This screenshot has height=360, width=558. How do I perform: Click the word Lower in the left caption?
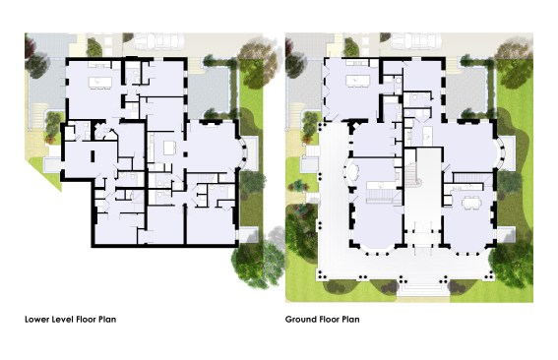[x=37, y=319]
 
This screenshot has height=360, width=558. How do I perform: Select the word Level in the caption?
[x=63, y=319]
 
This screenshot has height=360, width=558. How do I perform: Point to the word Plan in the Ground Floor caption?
[x=351, y=319]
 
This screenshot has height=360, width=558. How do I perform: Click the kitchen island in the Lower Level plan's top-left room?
[x=100, y=83]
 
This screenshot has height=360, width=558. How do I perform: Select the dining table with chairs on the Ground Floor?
[x=471, y=203]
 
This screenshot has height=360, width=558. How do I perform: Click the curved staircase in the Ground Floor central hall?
[x=414, y=174]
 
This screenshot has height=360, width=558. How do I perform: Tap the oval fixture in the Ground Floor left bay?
[x=352, y=172]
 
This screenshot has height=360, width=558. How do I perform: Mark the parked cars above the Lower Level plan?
[x=159, y=41]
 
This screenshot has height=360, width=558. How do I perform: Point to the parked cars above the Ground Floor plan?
[x=416, y=41]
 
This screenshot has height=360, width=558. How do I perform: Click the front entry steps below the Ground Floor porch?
[x=422, y=289]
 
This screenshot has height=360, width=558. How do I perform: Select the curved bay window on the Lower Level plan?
[x=243, y=153]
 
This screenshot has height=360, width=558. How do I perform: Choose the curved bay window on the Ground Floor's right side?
[x=501, y=153]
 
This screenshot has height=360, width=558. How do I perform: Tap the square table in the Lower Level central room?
[x=169, y=148]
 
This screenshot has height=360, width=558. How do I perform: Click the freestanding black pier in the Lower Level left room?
[x=93, y=156]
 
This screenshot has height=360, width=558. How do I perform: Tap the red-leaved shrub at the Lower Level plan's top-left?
[x=30, y=46]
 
